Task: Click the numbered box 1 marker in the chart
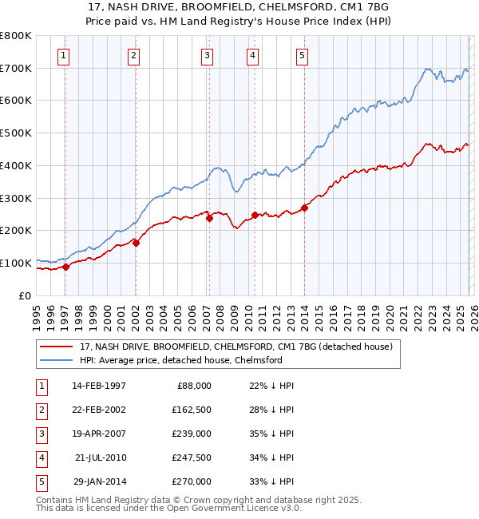[x=63, y=55]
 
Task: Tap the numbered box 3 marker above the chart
[x=207, y=55]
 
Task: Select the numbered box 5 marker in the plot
[x=303, y=55]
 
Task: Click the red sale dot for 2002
[x=136, y=243]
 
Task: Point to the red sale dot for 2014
[x=305, y=208]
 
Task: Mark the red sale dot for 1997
[x=65, y=267]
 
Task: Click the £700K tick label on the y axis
[x=16, y=69]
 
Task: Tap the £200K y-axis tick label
[x=16, y=231]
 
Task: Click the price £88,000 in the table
[x=193, y=386]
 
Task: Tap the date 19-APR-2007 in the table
[x=98, y=434]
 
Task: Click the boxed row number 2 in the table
[x=41, y=410]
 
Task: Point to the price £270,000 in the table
[x=191, y=481]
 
